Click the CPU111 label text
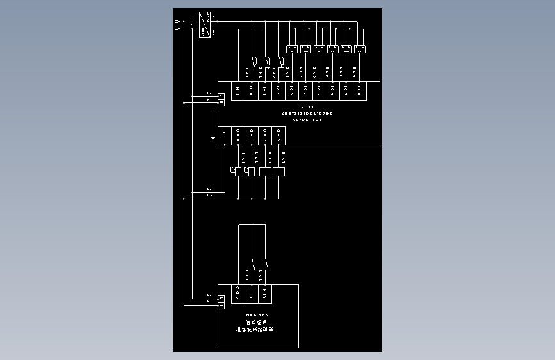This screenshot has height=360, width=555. [x=307, y=106]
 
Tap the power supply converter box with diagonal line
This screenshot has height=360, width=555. [x=205, y=25]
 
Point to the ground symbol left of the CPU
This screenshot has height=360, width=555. [x=213, y=136]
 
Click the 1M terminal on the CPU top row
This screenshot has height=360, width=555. [x=237, y=90]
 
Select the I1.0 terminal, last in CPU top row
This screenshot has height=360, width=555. [x=360, y=90]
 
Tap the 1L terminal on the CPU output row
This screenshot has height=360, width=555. [x=225, y=134]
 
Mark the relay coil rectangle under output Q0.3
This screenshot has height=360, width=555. [x=279, y=171]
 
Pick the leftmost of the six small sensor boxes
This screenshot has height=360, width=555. [x=291, y=49]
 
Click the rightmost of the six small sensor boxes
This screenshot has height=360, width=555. [x=359, y=49]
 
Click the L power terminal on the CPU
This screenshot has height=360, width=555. [x=221, y=96]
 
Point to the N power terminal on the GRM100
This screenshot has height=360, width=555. [x=221, y=304]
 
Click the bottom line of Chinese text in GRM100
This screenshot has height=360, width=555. [x=255, y=330]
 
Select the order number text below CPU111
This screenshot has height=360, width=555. [x=307, y=113]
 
